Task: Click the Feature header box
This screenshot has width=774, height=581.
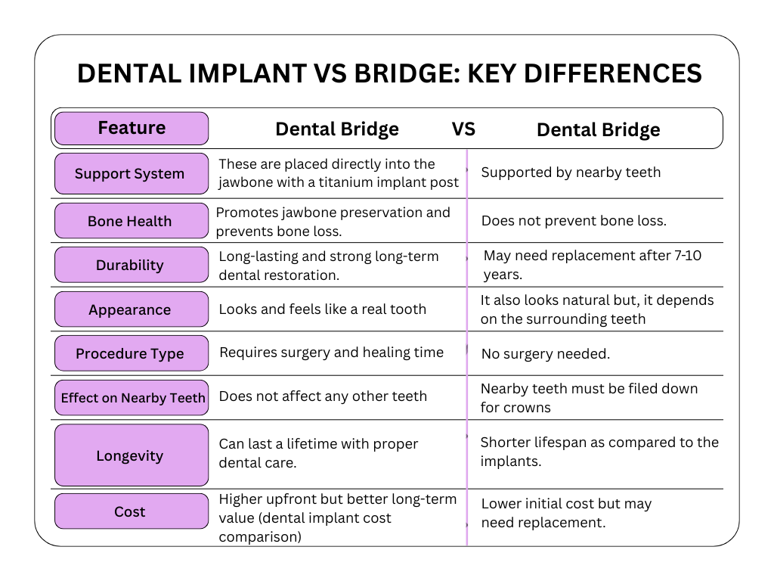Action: pos(132,128)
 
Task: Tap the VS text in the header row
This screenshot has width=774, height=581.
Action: pos(463,129)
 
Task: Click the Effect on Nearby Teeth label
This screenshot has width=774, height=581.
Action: pos(132,398)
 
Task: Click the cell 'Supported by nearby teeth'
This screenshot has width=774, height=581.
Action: pos(571,172)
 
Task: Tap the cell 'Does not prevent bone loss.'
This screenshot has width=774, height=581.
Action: pos(574,221)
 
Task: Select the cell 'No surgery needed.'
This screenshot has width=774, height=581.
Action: pos(545,353)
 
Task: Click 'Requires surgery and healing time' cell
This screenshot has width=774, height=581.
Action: pos(331,352)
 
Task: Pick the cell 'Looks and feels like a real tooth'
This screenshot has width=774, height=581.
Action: pos(323,309)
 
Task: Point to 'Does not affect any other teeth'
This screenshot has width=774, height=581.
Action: pos(323,396)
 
